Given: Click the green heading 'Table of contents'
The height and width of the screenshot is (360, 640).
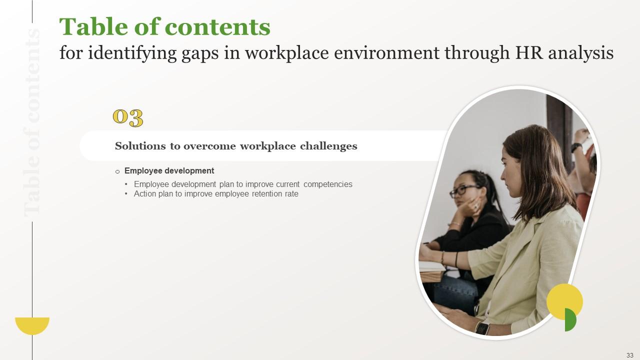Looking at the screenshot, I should [164, 27].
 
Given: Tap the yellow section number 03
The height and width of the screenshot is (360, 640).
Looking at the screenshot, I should [128, 117].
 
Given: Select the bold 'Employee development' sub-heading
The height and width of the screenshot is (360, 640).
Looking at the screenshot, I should [169, 170].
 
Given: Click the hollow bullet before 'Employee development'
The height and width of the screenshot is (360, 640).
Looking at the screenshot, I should [117, 171].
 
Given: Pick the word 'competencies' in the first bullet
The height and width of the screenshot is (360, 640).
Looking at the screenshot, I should [327, 184].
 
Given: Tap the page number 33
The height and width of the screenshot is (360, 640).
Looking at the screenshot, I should [629, 355].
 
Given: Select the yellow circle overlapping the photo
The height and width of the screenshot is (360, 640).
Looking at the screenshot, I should [564, 300].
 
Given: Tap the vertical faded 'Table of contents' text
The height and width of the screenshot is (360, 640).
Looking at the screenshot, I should [32, 122].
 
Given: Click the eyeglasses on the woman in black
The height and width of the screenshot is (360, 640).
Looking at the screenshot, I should [465, 190].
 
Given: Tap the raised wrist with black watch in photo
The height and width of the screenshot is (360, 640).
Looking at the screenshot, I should [576, 147].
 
